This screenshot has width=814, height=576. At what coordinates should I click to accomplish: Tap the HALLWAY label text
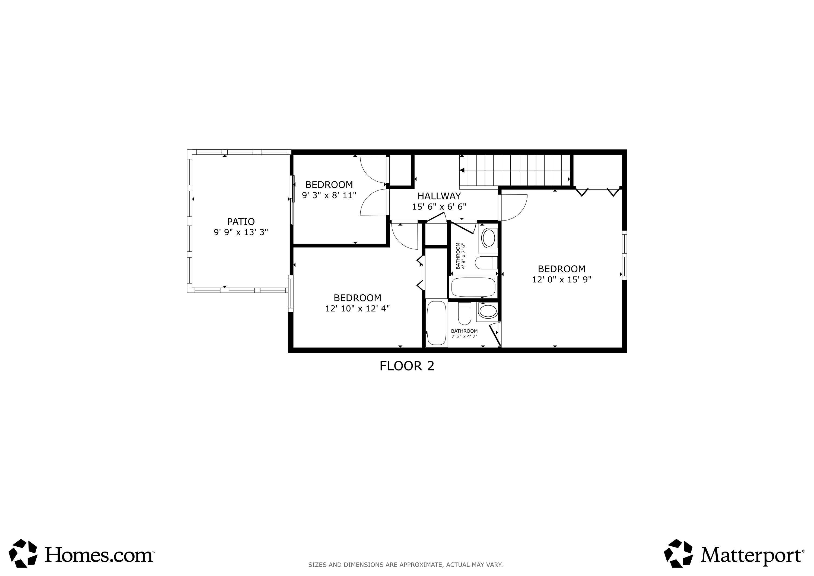[x=439, y=196]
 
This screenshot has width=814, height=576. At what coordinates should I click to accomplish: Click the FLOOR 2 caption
[x=407, y=366]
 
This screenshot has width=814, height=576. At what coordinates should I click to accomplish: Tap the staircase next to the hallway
[x=514, y=170]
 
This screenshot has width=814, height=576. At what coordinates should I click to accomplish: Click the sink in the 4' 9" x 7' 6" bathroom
[x=489, y=238]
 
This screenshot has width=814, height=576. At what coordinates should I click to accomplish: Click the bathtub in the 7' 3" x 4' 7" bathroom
[x=436, y=323]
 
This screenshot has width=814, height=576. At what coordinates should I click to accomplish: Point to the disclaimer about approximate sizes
[x=405, y=565]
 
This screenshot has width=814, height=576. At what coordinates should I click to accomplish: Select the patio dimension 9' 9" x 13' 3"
[x=241, y=232]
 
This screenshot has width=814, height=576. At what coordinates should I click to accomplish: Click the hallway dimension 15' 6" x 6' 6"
[x=439, y=207]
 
